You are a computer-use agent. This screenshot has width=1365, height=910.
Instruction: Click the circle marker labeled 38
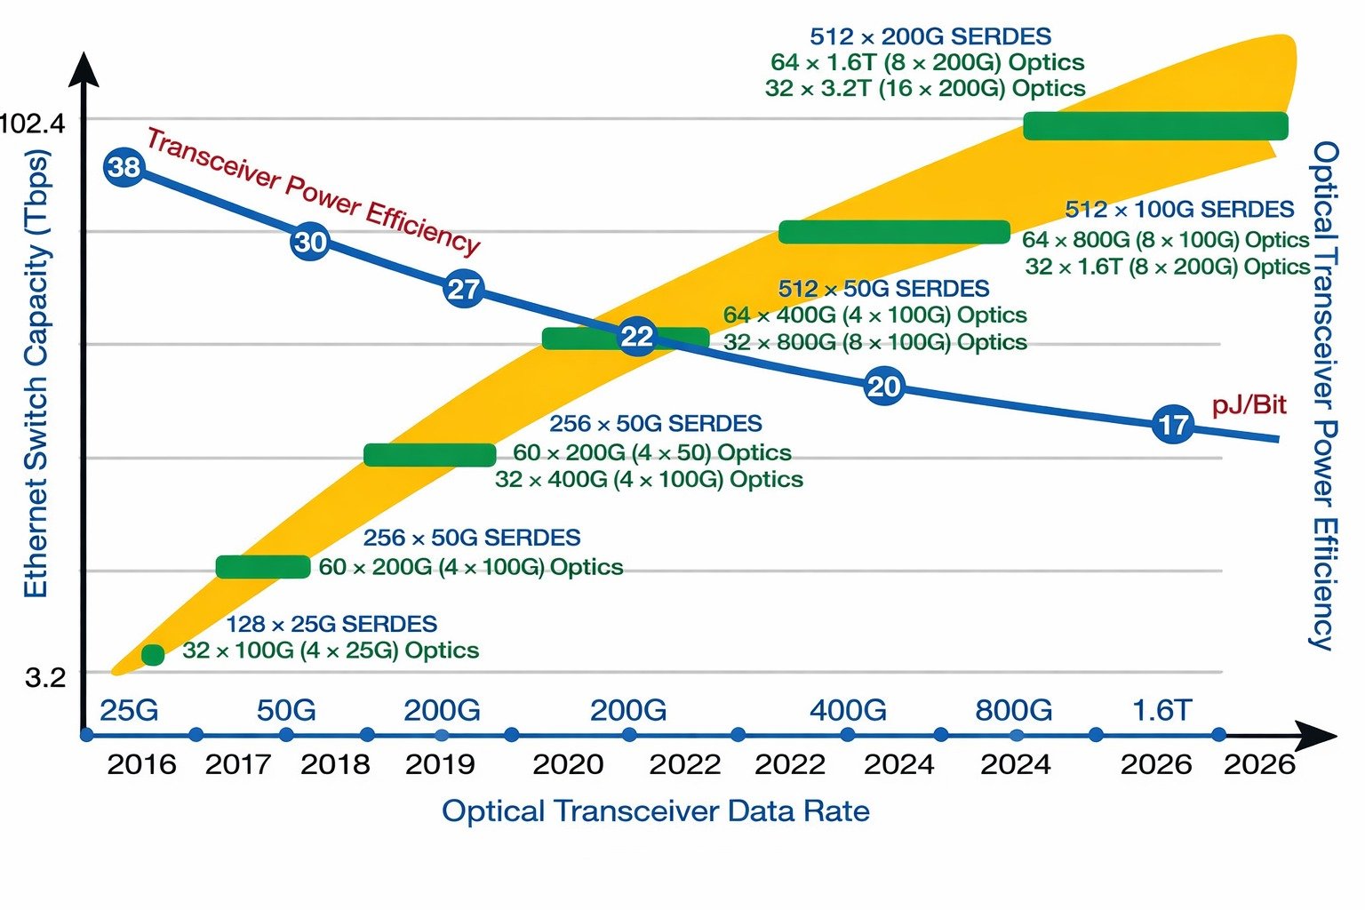pyautogui.click(x=124, y=167)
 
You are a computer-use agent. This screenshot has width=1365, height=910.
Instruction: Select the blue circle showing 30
pyautogui.click(x=310, y=242)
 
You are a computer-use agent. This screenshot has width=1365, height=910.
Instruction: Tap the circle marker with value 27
pyautogui.click(x=463, y=290)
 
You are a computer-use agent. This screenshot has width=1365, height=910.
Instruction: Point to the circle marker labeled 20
pyautogui.click(x=883, y=387)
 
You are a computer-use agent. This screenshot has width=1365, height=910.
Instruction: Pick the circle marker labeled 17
pyautogui.click(x=1173, y=425)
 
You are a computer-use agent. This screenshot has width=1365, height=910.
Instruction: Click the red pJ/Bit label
pyautogui.click(x=1249, y=405)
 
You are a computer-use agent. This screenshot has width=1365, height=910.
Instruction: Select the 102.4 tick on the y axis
pyautogui.click(x=33, y=123)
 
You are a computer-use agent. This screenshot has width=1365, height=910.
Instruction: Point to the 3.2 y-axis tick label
pyautogui.click(x=45, y=678)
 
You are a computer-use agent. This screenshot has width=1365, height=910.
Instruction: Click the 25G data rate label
pyautogui.click(x=129, y=711)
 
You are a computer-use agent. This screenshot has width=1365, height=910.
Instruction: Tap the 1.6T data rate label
pyautogui.click(x=1161, y=711)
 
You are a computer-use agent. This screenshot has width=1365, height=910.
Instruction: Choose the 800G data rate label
pyautogui.click(x=1013, y=711)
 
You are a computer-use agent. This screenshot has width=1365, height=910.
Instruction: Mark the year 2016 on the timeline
pyautogui.click(x=141, y=764)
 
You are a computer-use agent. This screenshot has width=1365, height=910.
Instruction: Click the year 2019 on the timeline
pyautogui.click(x=440, y=764)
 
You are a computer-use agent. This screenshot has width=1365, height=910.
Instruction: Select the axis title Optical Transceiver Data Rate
pyautogui.click(x=655, y=811)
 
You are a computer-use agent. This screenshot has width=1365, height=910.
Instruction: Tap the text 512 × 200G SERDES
pyautogui.click(x=930, y=36)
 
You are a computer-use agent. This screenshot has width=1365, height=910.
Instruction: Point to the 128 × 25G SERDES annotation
pyautogui.click(x=331, y=624)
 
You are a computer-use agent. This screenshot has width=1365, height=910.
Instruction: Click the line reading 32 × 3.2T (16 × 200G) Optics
pyautogui.click(x=924, y=88)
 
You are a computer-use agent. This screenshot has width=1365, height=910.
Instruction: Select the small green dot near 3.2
pyautogui.click(x=153, y=655)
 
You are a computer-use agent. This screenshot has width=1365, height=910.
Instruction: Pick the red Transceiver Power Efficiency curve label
pyautogui.click(x=313, y=191)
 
